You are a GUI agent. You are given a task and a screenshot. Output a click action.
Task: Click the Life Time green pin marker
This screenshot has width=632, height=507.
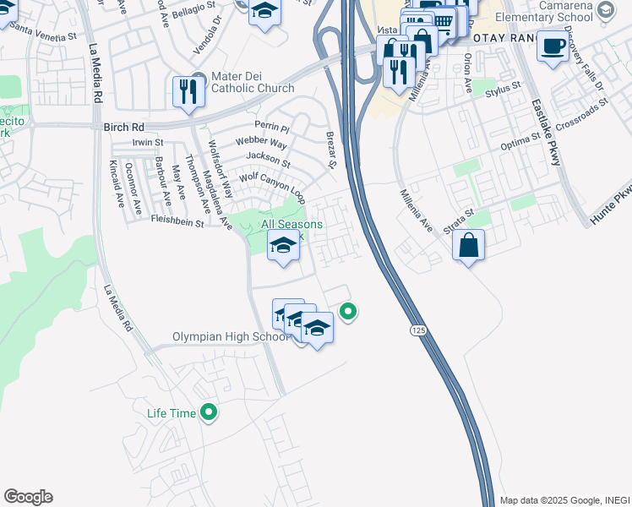click(x=209, y=413)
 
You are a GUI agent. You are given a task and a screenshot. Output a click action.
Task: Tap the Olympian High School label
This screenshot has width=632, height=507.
click(x=231, y=336)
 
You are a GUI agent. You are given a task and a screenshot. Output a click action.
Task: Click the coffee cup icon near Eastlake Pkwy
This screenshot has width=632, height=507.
click(x=553, y=47)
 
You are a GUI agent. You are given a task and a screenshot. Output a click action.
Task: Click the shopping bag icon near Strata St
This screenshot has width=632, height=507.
click(x=468, y=247)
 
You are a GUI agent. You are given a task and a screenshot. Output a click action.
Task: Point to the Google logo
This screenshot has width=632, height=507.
click(x=28, y=497)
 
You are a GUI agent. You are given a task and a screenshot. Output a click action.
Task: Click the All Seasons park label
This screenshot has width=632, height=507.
click(x=291, y=224)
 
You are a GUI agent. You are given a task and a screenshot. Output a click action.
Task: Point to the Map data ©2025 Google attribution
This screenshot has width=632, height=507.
click(x=564, y=500)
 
